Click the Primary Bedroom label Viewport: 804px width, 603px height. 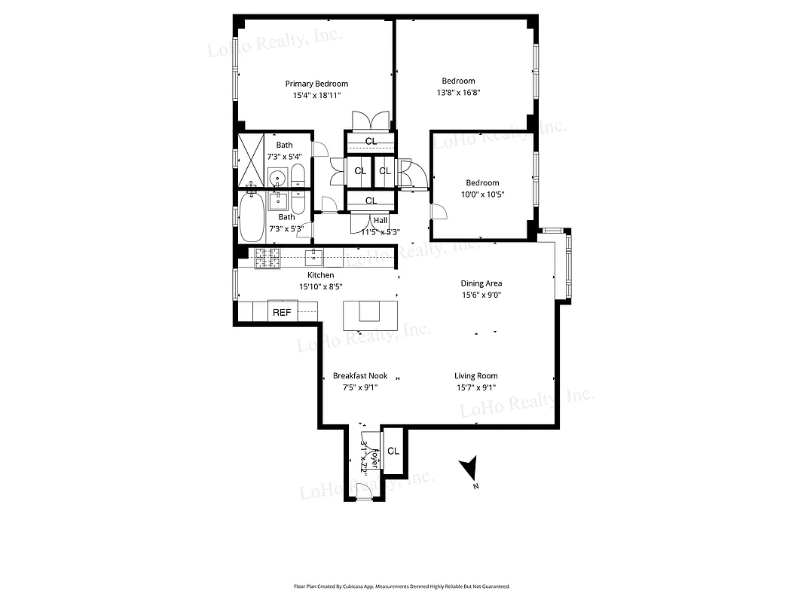coord(316,84)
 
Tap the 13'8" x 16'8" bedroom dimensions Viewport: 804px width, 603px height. coord(458,93)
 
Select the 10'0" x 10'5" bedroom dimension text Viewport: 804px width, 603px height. coord(482,194)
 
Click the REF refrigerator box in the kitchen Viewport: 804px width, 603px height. coord(282,311)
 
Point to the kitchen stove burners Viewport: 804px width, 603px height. coord(267,258)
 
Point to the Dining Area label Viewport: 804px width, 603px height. coord(481,283)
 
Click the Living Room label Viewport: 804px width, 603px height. coord(475,375)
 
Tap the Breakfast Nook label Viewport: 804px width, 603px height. coord(360,375)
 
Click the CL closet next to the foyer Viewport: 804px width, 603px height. coord(393,451)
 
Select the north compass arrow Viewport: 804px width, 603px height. coord(470,470)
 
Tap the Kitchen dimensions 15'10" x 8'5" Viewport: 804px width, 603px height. coord(320,286)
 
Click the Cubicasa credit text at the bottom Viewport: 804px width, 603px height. coord(402,586)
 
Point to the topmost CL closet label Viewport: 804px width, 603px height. coord(371,141)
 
